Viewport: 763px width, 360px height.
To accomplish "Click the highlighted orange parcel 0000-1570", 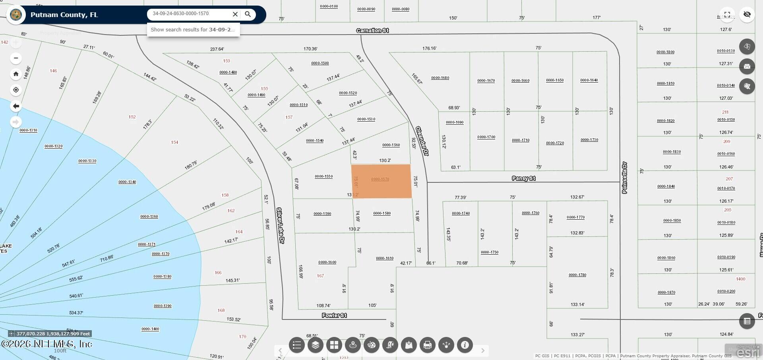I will pyautogui.click(x=381, y=181).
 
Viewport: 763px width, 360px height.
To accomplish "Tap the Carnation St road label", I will pyautogui.click(x=372, y=31).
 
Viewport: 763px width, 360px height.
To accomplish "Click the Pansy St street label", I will pyautogui.click(x=523, y=178).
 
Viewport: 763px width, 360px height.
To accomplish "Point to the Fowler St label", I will pyautogui.click(x=334, y=315).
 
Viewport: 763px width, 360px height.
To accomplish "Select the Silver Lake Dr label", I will pyautogui.click(x=280, y=225).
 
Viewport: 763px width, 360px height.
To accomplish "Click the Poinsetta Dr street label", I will pyautogui.click(x=624, y=177).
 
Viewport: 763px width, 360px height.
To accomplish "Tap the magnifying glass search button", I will pyautogui.click(x=248, y=14).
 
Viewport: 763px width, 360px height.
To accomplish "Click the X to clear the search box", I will pyautogui.click(x=235, y=14).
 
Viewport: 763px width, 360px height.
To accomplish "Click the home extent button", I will pyautogui.click(x=16, y=74).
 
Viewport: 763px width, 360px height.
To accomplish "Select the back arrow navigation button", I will pyautogui.click(x=16, y=106).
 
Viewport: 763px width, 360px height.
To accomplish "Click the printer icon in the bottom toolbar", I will pyautogui.click(x=428, y=345).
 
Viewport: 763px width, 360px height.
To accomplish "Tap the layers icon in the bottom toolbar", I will pyautogui.click(x=316, y=345).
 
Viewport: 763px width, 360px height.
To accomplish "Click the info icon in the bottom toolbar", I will pyautogui.click(x=465, y=345).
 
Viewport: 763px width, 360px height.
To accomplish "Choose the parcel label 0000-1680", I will pyautogui.click(x=440, y=78).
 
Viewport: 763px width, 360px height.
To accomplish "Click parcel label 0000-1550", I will pyautogui.click(x=323, y=176).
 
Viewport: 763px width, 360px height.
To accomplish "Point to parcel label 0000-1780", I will pyautogui.click(x=577, y=275).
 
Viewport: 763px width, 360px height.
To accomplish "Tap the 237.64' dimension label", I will pyautogui.click(x=217, y=49).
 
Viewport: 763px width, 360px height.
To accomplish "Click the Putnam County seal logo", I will pyautogui.click(x=16, y=15).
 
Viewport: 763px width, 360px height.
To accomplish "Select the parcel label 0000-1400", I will pyautogui.click(x=150, y=329).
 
